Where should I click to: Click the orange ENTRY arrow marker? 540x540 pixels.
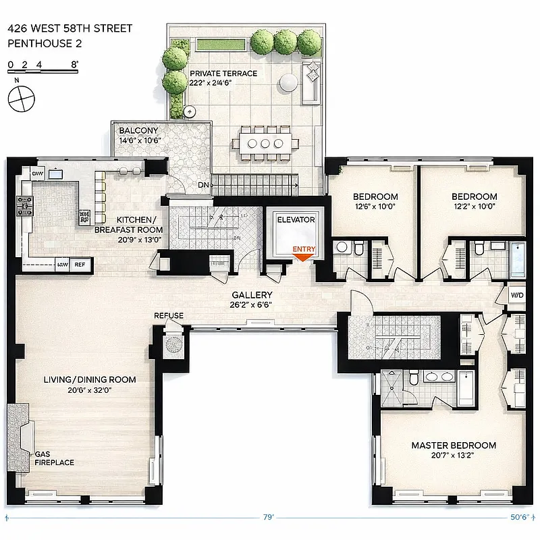tap(303, 256)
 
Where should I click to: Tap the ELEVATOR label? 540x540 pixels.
tap(296, 220)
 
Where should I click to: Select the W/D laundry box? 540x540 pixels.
tap(516, 295)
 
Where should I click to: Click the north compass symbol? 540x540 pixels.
tap(20, 97)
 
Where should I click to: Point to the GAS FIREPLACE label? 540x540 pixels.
tap(55, 458)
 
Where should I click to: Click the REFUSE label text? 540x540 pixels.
tap(168, 316)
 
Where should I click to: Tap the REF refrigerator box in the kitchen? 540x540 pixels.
tap(80, 265)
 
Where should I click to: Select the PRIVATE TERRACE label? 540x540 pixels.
tap(223, 74)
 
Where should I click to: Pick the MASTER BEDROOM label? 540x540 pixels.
tap(454, 446)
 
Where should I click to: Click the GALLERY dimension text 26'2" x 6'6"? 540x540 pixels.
tap(252, 305)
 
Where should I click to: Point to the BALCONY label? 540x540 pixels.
tap(138, 131)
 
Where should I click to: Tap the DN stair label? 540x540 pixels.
tap(202, 184)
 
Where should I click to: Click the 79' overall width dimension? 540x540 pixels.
tap(268, 518)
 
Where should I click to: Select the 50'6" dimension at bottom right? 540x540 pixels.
tap(518, 518)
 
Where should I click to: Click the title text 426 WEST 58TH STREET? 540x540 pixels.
tap(70, 29)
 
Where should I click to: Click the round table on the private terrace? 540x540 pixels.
tap(288, 82)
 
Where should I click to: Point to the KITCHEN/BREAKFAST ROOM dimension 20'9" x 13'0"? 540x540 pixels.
tap(137, 240)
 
